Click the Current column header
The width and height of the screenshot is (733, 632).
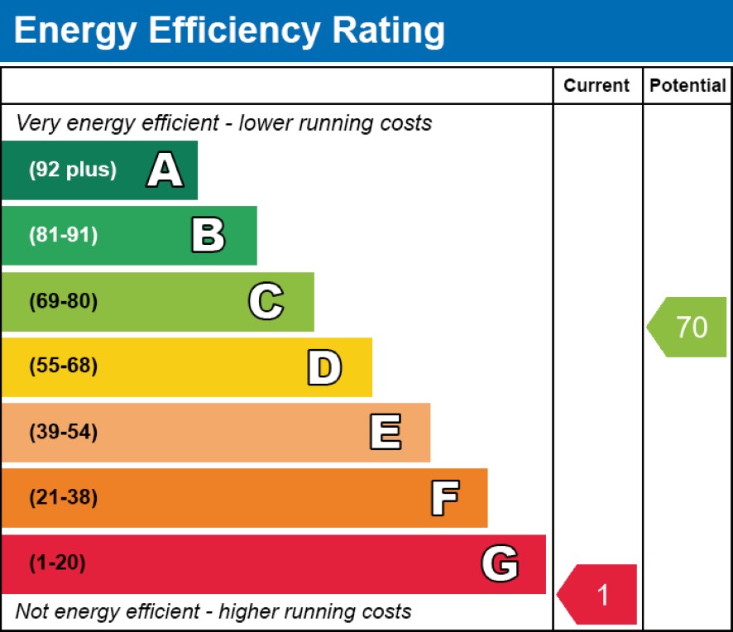[x=596, y=85]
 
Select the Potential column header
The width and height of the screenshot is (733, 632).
[x=687, y=85]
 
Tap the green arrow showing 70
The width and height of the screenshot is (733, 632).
[x=688, y=328]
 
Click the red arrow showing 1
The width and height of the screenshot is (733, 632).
[x=599, y=594]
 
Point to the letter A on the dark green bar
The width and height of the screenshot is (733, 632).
[x=165, y=170]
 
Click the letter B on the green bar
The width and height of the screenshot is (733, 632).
[x=208, y=236]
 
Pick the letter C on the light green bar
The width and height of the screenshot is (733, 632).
[x=266, y=302]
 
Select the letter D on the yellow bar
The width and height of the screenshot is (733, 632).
[x=324, y=367]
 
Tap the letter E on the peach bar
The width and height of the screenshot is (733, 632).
[x=385, y=433]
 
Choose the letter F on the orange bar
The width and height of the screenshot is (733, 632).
[x=444, y=498]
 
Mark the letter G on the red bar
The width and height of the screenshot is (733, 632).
[x=500, y=564]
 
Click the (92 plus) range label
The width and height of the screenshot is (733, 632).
[x=73, y=170]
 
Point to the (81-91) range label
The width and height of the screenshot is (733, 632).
[x=64, y=236]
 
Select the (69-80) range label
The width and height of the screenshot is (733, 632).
[x=64, y=302]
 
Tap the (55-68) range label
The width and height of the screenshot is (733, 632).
[x=64, y=366]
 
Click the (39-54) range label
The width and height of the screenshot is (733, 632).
[x=64, y=433]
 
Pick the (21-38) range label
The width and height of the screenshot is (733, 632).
[x=64, y=498]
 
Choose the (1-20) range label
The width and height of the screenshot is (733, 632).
[x=58, y=564]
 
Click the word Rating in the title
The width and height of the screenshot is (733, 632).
[x=388, y=31]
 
